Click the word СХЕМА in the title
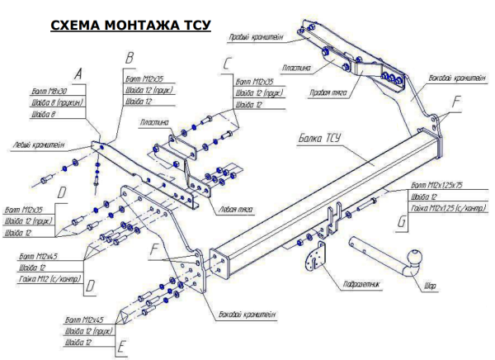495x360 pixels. click(x=77, y=25)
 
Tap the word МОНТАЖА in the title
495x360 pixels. click(x=141, y=25)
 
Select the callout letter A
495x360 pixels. click(x=78, y=73)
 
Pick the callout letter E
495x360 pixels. click(x=121, y=345)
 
